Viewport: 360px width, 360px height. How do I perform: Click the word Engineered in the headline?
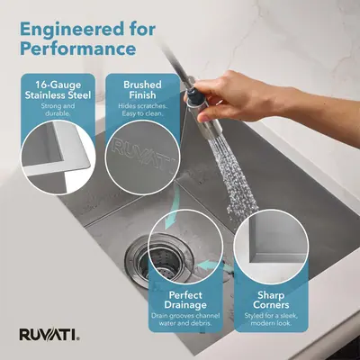point(72,30)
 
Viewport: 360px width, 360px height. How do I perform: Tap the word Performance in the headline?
point(78,49)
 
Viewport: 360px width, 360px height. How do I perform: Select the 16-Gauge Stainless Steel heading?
point(58,90)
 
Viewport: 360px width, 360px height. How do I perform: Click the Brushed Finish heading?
point(142,90)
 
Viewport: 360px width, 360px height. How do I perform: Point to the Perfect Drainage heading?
point(185,300)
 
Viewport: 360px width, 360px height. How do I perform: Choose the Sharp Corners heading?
point(271,300)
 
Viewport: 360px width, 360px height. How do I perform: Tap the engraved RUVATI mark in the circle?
point(143,155)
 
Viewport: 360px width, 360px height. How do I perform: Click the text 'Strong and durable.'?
point(58,110)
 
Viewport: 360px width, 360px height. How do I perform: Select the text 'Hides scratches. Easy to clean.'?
point(142,110)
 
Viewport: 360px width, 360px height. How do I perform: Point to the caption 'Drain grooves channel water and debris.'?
point(185,319)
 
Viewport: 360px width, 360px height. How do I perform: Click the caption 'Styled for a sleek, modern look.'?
point(271,319)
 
